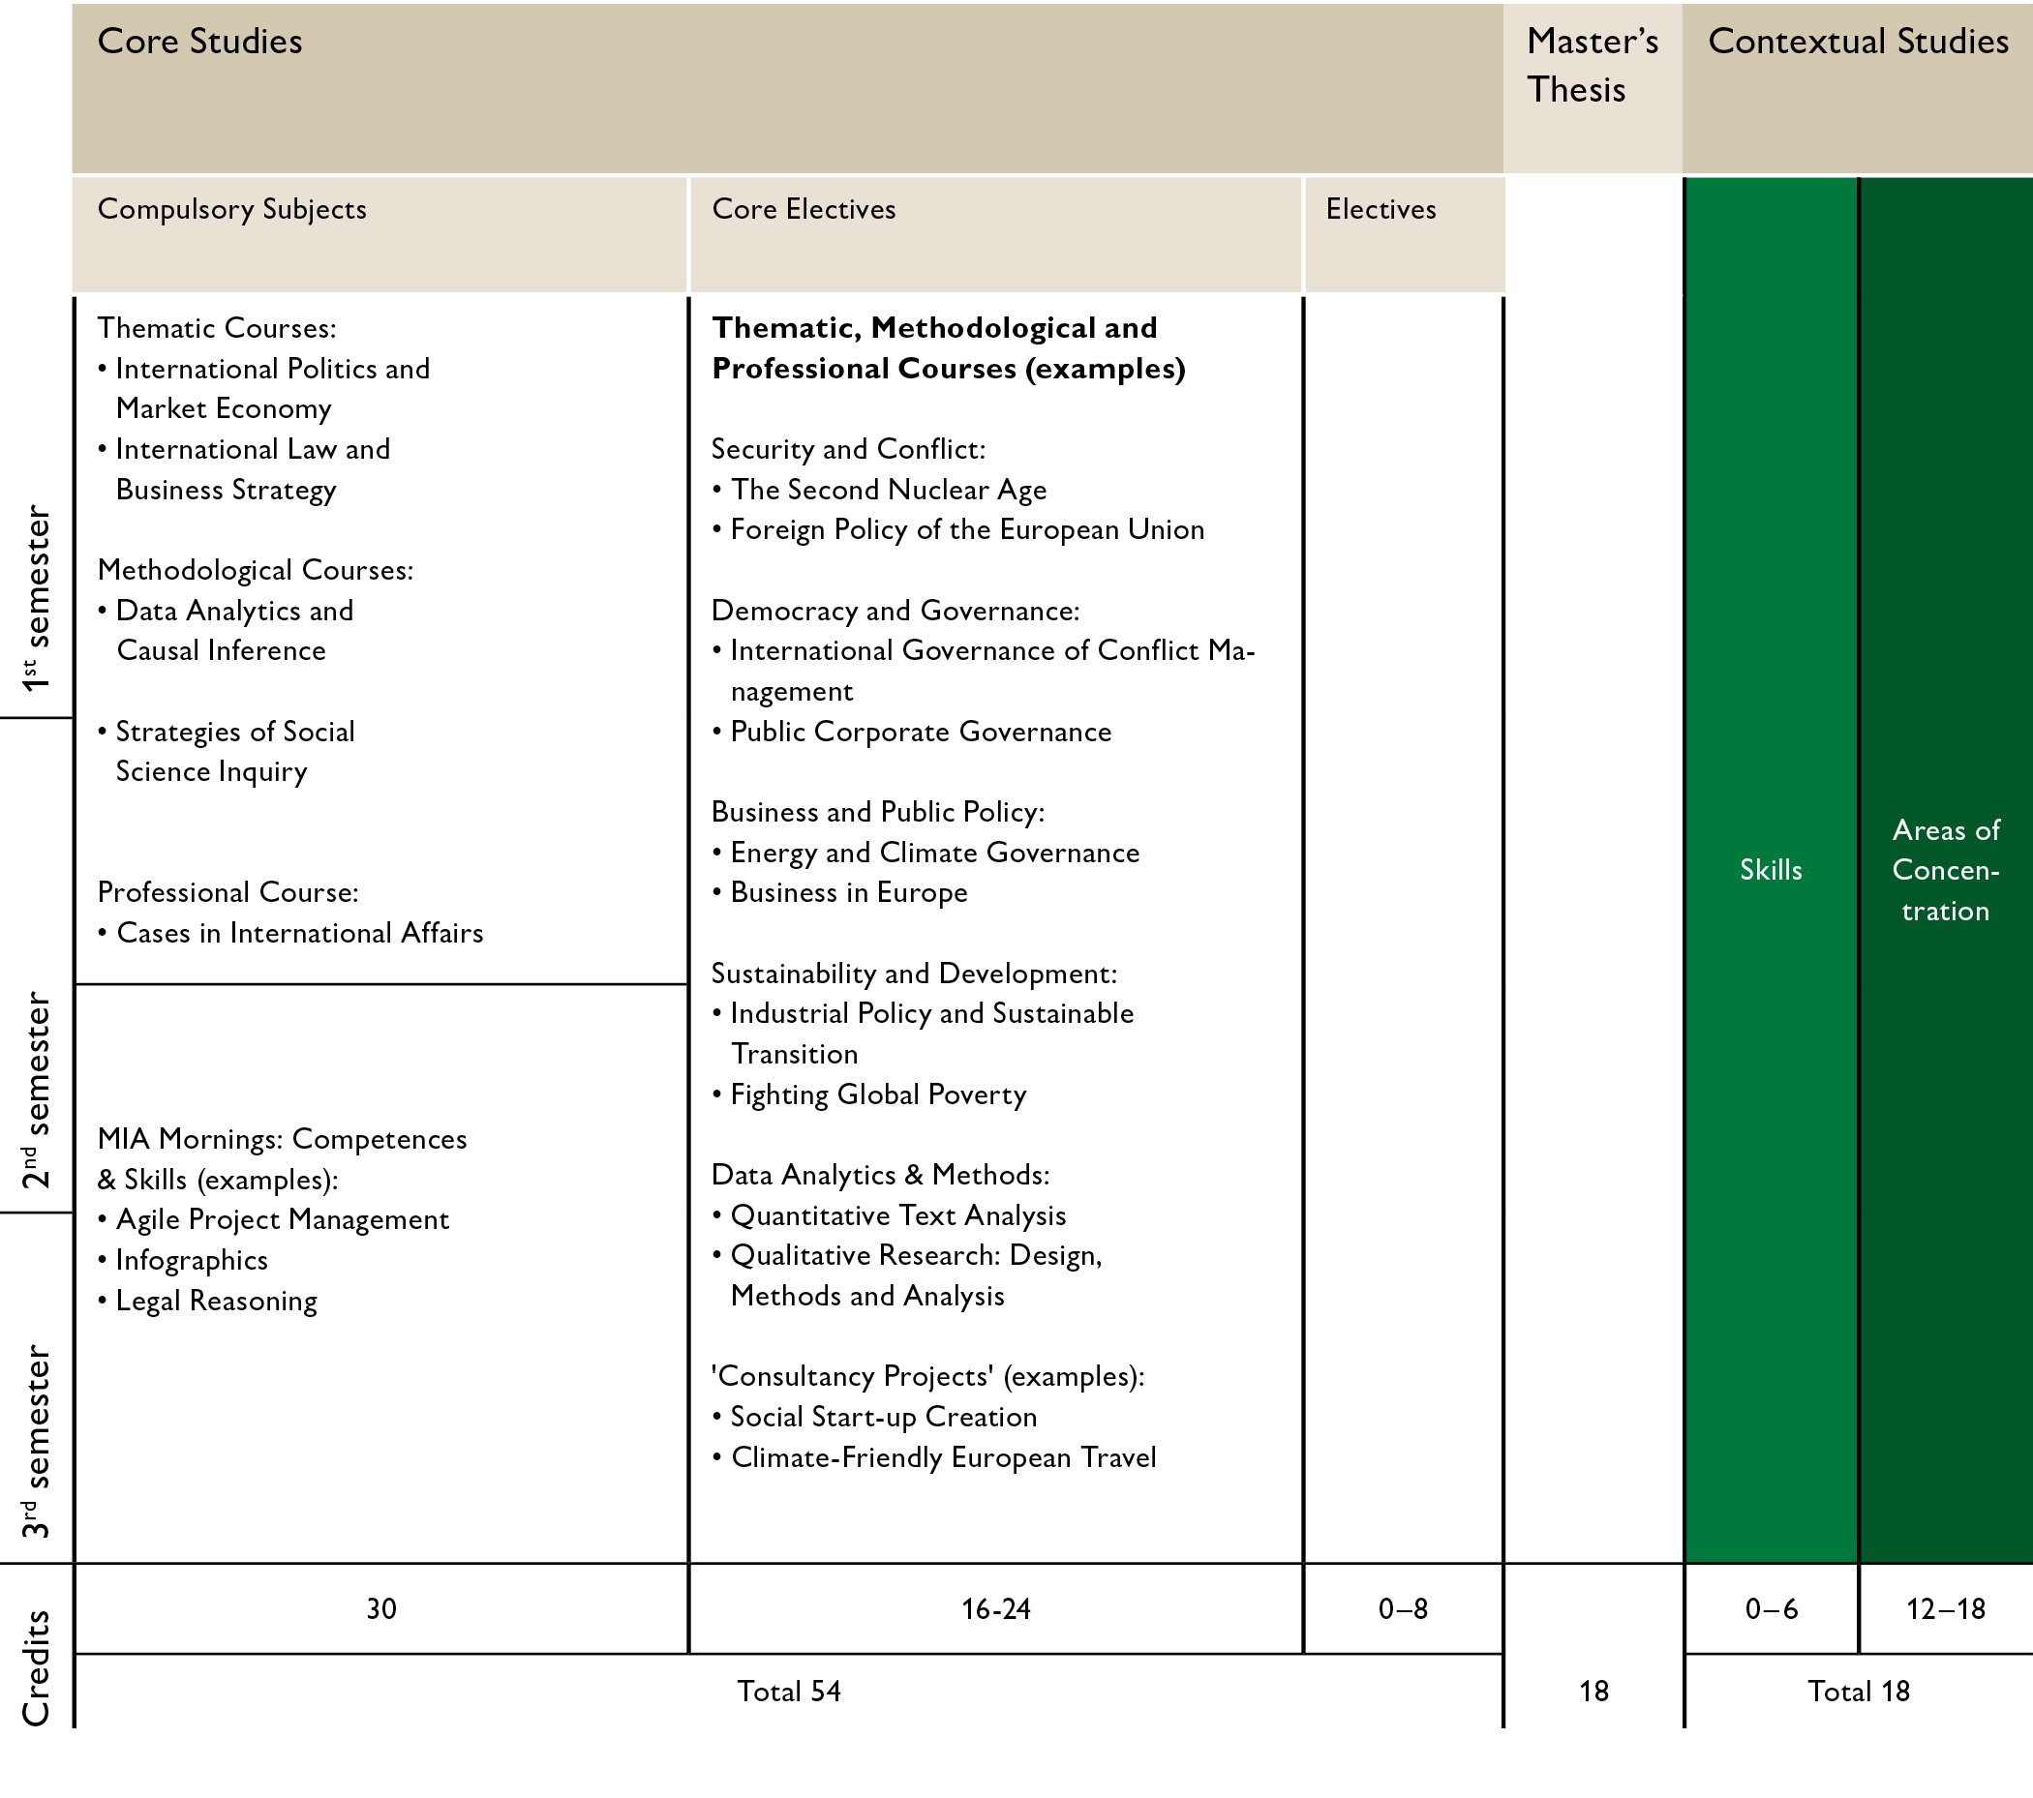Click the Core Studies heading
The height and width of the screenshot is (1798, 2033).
pos(200,42)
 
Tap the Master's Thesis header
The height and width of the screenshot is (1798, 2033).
pos(1592,65)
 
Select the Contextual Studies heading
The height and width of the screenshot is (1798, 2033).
pos(1857,42)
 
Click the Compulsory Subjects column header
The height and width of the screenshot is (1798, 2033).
pos(231,209)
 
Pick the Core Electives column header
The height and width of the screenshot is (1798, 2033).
pos(804,209)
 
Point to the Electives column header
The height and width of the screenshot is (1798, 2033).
pos(1381,209)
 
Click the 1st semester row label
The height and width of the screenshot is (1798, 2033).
pos(36,598)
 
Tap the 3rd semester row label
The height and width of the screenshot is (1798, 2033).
pos(36,1441)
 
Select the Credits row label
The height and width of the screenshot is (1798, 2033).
pos(36,1668)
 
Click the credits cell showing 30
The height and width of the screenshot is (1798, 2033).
pos(380,1609)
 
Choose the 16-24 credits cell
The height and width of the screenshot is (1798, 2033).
pos(995,1609)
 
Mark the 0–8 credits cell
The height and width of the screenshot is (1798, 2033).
pos(1403,1609)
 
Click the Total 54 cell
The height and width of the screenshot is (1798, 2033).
pos(789,1692)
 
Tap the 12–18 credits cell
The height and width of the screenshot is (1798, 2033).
pos(1945,1609)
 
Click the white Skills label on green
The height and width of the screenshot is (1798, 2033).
pos(1771,870)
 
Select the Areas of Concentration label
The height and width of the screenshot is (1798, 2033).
pos(1946,870)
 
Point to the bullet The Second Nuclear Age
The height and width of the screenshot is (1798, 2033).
pos(888,490)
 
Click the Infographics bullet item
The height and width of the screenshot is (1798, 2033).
pos(191,1260)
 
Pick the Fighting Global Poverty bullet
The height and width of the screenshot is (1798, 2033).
pos(878,1094)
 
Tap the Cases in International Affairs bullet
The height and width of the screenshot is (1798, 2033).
pos(299,933)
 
